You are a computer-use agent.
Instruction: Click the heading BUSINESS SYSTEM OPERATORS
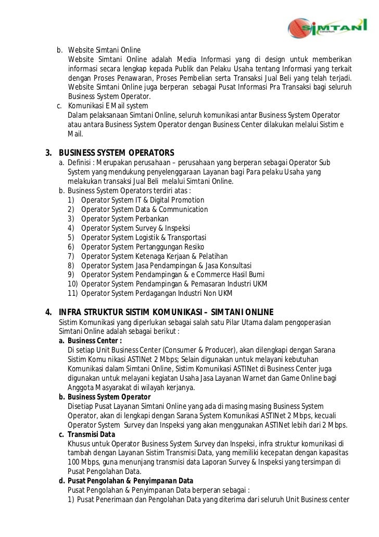(x=117, y=153)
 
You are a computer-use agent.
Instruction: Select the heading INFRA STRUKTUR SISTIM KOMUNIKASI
(x=166, y=313)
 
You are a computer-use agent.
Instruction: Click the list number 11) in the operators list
(x=72, y=294)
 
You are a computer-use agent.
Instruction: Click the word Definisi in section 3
(x=81, y=163)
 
